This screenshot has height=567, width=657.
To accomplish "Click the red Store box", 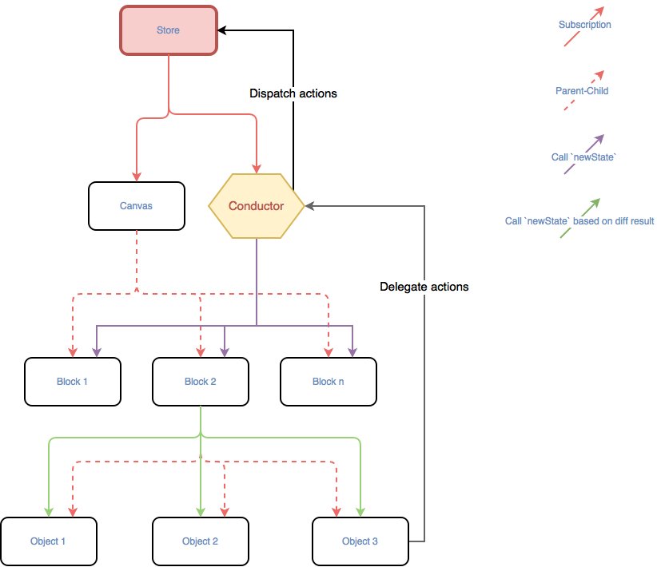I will coord(169,30).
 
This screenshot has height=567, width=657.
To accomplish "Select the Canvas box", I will coord(136,206).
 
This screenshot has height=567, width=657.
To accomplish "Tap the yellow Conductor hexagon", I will coord(256,206).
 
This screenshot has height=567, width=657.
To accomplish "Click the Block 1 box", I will coord(72,382).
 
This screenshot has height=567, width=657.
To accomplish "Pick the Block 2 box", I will coord(200,382).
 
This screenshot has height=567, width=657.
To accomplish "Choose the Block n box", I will coord(328,382).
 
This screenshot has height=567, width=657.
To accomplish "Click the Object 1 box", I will coord(48,541).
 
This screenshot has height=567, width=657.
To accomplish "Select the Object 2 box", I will coord(200,541).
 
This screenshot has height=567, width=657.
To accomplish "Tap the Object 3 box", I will coord(360,541).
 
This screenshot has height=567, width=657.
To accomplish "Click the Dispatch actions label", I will coord(293,93).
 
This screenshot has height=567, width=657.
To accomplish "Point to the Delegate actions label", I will coord(424,286).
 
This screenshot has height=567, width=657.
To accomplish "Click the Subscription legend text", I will coord(584,25).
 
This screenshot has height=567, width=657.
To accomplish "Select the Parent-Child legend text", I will coord(582,91).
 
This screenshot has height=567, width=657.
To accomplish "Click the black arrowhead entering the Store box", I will coord(223,30).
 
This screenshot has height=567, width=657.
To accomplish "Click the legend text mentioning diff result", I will coord(579,221).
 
